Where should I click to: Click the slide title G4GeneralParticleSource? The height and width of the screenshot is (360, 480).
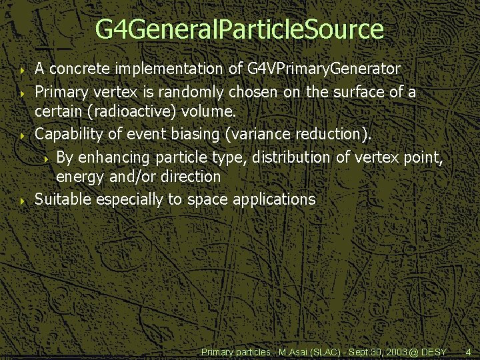point(239,29)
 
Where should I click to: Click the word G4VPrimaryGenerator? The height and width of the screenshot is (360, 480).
point(323,69)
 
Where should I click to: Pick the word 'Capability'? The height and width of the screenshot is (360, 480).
point(69,134)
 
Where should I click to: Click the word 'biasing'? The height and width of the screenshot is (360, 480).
point(197,134)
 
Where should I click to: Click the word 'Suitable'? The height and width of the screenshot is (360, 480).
point(64,199)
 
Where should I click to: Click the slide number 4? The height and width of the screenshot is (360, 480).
point(468,351)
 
